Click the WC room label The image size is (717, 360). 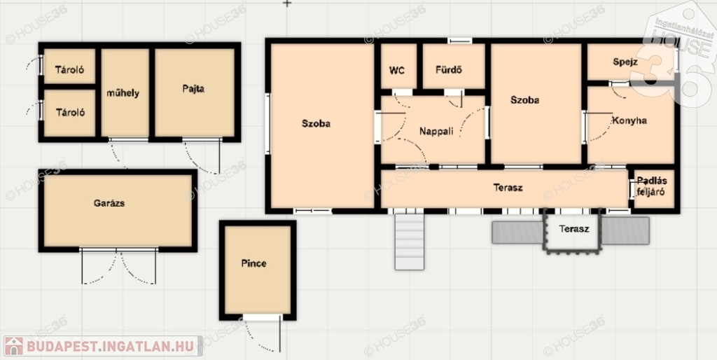click(x=396, y=71)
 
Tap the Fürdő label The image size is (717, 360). click(x=448, y=71)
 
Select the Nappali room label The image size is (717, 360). click(x=436, y=132)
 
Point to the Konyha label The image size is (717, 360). click(x=629, y=120)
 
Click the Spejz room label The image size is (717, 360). click(x=625, y=62)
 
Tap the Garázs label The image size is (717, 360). click(x=109, y=204)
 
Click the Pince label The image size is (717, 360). click(x=253, y=263)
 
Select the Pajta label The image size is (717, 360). click(x=193, y=89)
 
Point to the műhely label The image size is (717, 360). click(x=123, y=93)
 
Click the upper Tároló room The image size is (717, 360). click(x=69, y=67)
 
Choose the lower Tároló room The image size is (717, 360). click(x=69, y=113)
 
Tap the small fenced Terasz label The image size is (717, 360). click(x=573, y=229)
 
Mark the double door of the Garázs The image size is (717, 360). click(x=118, y=266)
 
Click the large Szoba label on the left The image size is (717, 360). click(x=316, y=123)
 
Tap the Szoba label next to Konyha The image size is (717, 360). click(x=524, y=100)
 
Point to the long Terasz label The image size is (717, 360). click(x=508, y=188)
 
